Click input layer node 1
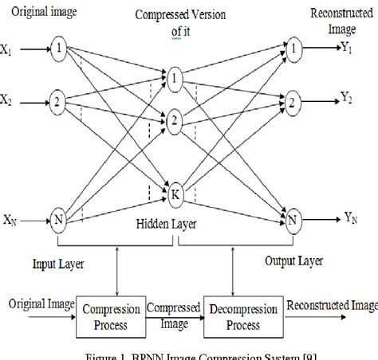tap(57, 48)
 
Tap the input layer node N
tap(57, 217)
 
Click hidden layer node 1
tap(175, 76)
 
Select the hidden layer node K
tap(175, 191)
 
